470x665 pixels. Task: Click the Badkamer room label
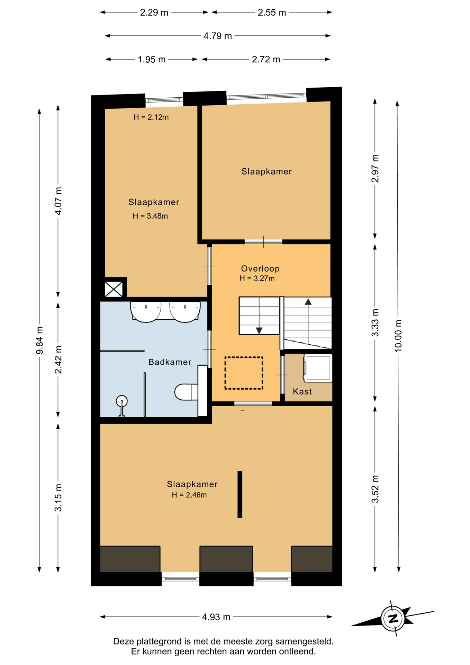(x=170, y=362)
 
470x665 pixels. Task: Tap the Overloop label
(x=260, y=268)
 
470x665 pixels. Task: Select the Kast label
(x=302, y=391)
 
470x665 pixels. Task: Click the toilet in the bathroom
(x=186, y=392)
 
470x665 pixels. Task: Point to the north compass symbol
(x=393, y=618)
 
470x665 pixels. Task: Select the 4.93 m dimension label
(x=216, y=617)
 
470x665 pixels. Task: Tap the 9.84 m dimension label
(x=39, y=340)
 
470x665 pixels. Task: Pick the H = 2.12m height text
(x=151, y=117)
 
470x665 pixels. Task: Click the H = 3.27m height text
(x=257, y=278)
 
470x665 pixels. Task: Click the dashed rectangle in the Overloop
(x=244, y=373)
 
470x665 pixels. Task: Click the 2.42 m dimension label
(x=58, y=360)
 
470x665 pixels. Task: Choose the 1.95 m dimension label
(x=152, y=60)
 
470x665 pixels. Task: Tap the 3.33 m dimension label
(x=375, y=322)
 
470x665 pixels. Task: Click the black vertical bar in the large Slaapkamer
(x=240, y=494)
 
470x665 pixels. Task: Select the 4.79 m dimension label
(x=218, y=36)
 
